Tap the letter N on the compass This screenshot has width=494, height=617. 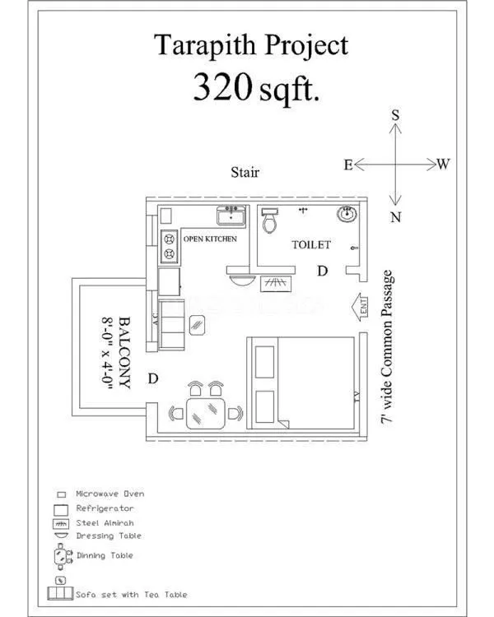pos(396,217)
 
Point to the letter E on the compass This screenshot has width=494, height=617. pos(348,165)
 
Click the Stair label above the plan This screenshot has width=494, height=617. pos(245,173)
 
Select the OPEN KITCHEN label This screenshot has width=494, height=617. pos(210,239)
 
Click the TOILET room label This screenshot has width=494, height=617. pos(311,245)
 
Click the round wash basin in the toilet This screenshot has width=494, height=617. pos(347,216)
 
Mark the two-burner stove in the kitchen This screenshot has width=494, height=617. pos(168,245)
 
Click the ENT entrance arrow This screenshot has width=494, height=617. pos(361,308)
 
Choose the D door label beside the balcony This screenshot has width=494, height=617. pos(152,378)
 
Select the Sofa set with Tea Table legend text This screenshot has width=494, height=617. pos(131,594)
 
